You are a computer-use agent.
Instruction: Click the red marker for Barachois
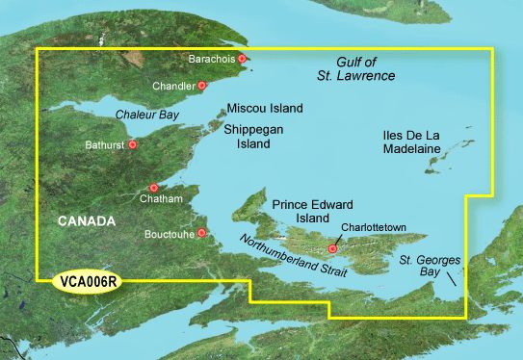click(243, 59)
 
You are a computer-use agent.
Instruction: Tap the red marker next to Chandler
click(202, 86)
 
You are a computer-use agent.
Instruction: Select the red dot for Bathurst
click(133, 145)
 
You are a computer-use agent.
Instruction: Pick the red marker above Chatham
click(154, 188)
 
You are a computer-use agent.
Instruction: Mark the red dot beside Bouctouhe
click(202, 233)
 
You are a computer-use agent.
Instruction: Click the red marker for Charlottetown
click(333, 248)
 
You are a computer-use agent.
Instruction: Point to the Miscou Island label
click(265, 108)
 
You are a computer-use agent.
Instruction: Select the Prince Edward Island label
click(313, 212)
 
